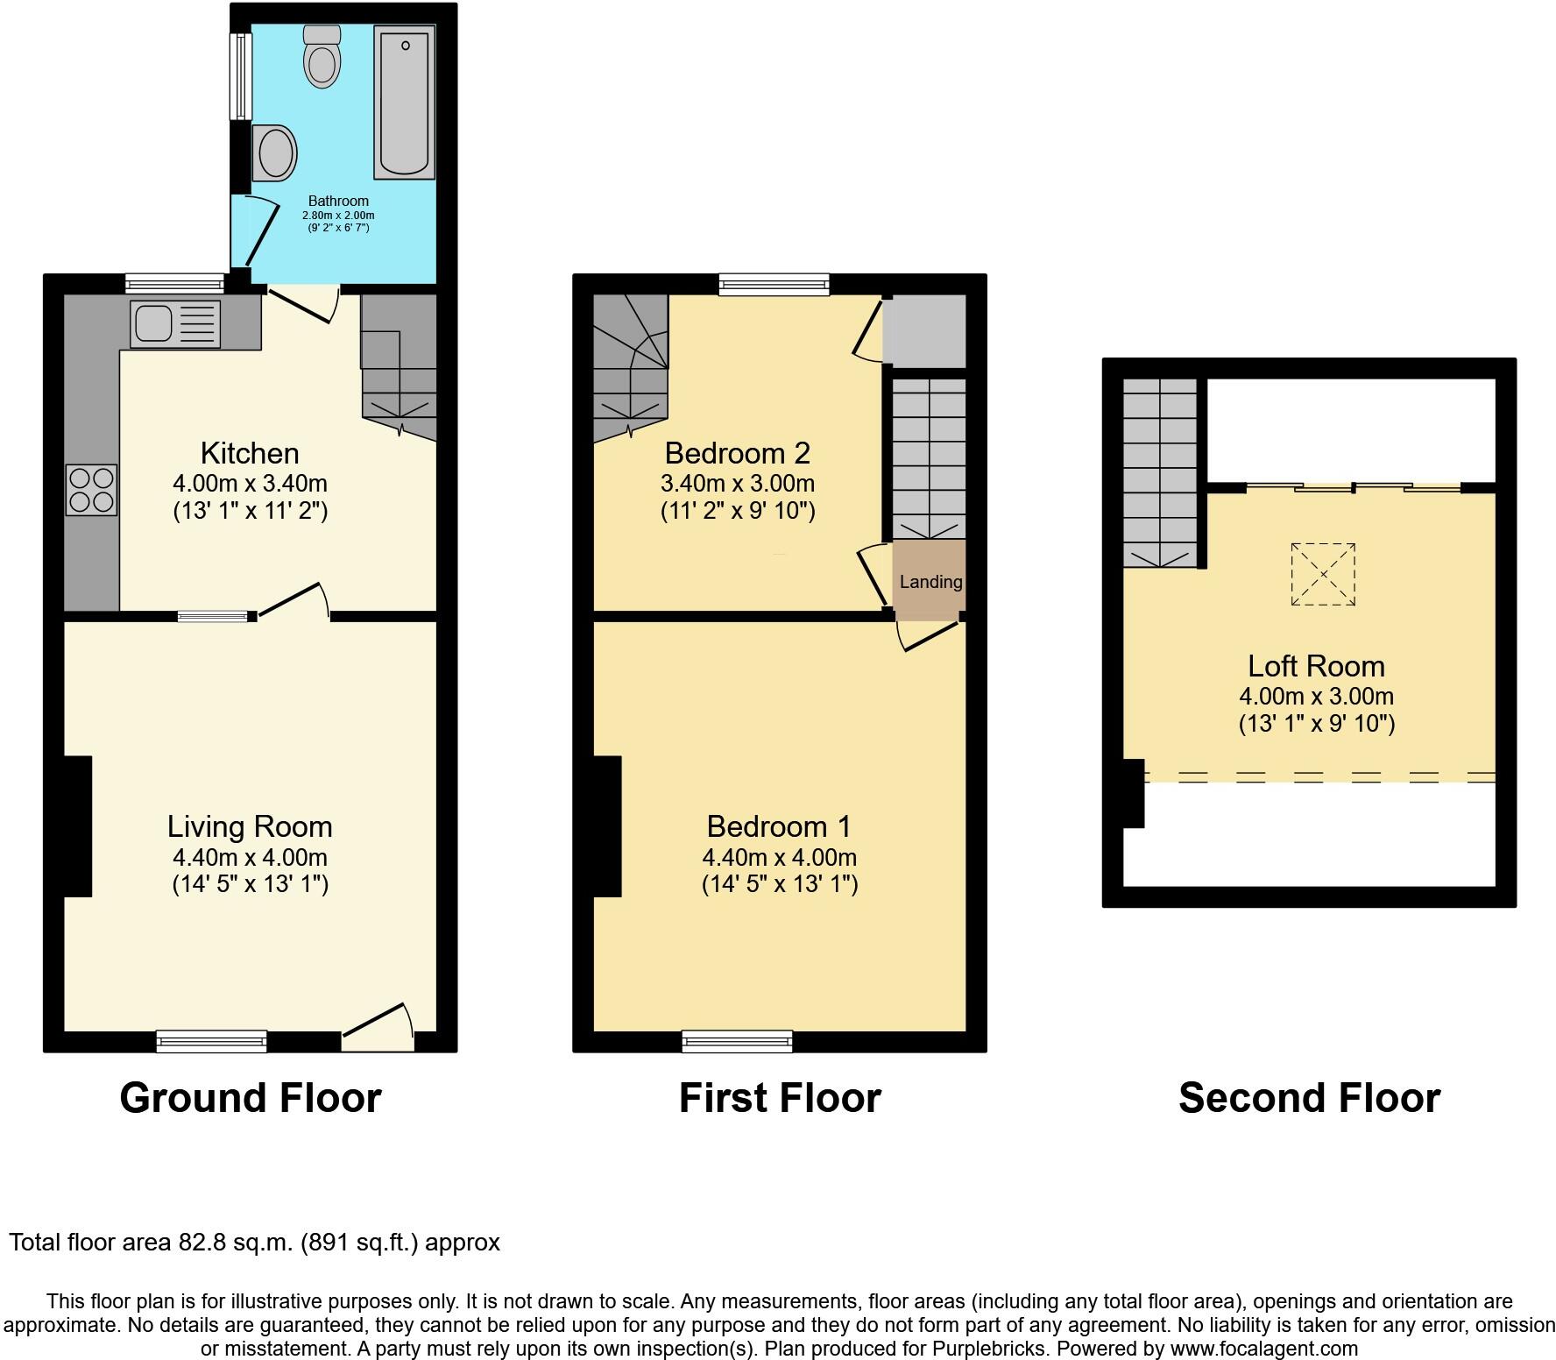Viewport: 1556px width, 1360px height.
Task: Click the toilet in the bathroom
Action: pyautogui.click(x=322, y=59)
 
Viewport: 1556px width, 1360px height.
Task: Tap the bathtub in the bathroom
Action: pyautogui.click(x=404, y=102)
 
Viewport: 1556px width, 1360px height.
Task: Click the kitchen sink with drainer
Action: pyautogui.click(x=175, y=323)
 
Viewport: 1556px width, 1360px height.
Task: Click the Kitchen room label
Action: pyautogui.click(x=250, y=453)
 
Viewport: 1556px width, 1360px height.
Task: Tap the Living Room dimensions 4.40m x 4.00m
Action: pyautogui.click(x=251, y=857)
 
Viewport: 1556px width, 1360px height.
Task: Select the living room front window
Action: pyautogui.click(x=211, y=1041)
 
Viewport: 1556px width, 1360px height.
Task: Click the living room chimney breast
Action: pyautogui.click(x=77, y=825)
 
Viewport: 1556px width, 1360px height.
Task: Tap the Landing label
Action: pyautogui.click(x=930, y=582)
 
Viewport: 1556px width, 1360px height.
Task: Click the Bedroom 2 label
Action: pyautogui.click(x=737, y=453)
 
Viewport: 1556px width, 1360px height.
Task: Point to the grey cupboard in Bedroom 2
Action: pyautogui.click(x=925, y=331)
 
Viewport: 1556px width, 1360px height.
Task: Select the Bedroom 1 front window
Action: pyautogui.click(x=737, y=1041)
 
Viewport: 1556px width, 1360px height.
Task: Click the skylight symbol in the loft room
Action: pyautogui.click(x=1323, y=574)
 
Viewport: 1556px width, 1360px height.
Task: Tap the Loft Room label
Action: pyautogui.click(x=1316, y=666)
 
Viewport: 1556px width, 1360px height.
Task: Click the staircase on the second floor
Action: pyautogui.click(x=1160, y=473)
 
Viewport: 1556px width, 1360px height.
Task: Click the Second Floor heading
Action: pyautogui.click(x=1309, y=1098)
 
